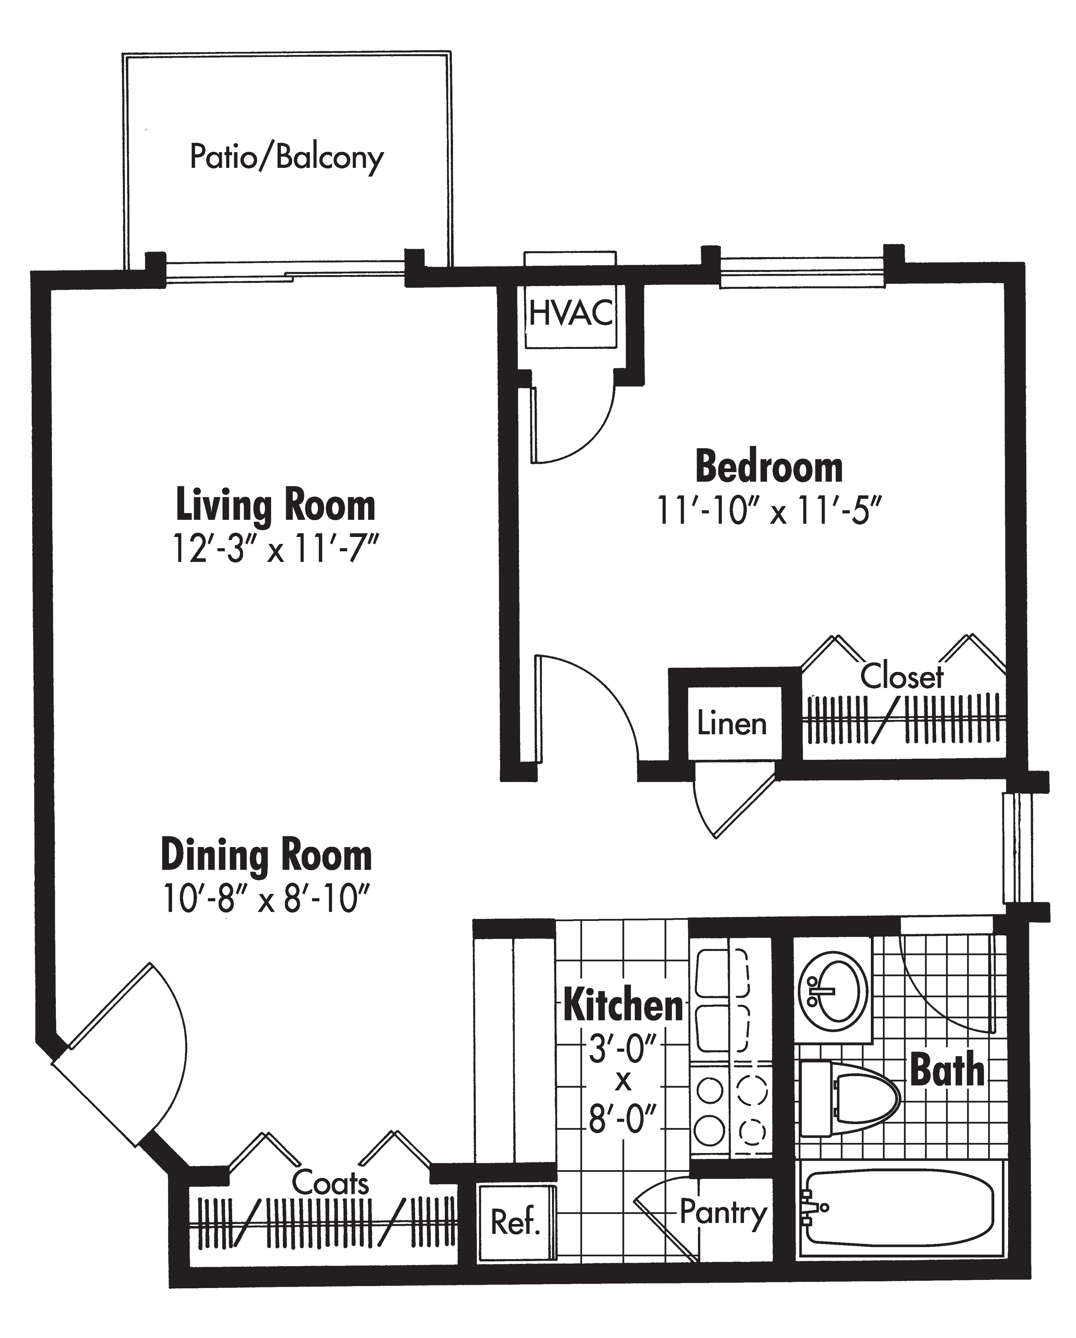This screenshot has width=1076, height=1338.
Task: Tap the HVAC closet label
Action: tap(571, 313)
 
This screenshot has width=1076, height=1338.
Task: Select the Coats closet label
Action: tap(330, 1183)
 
